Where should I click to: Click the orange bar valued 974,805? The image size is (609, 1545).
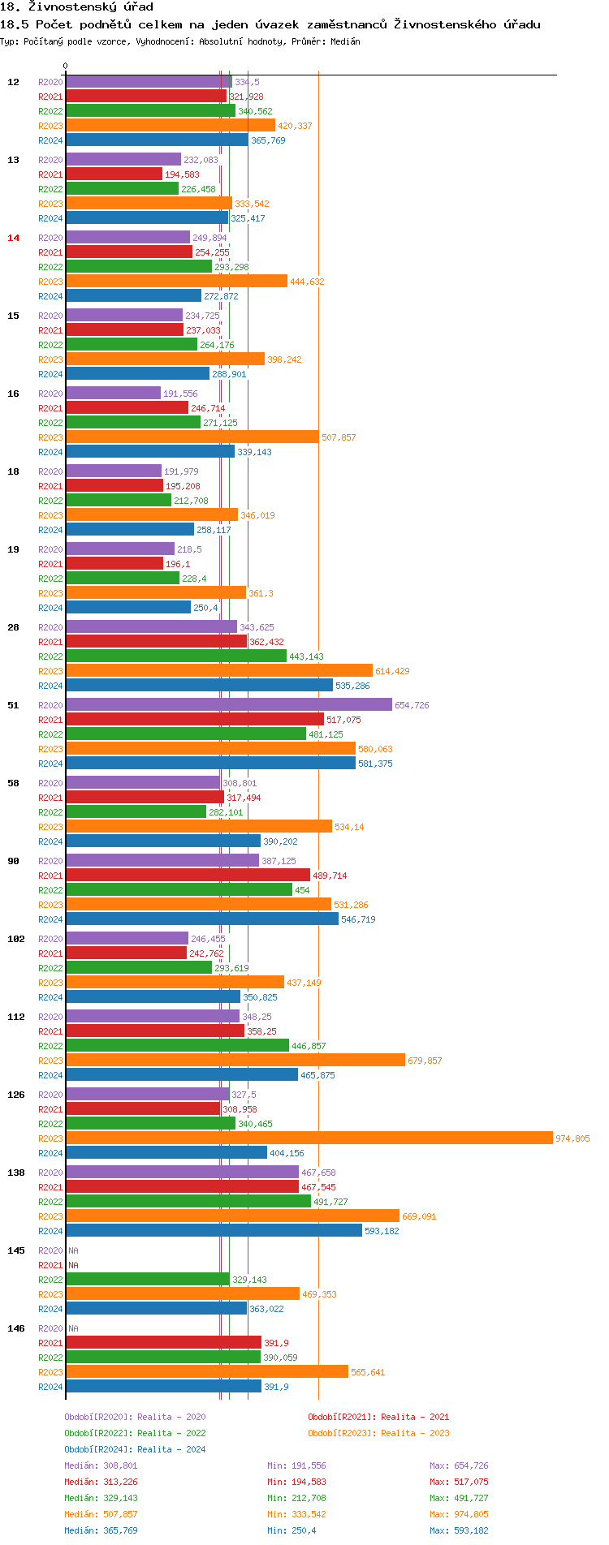pos(309,1138)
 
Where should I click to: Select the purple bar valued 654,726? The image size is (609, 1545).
pos(228,704)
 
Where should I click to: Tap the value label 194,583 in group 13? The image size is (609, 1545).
pos(182,174)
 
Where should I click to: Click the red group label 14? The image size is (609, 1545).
pos(13,238)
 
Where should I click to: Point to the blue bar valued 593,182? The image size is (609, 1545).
pos(214,1230)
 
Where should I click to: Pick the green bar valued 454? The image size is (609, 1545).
pos(179,889)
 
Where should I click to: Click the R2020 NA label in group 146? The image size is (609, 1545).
pos(73,1328)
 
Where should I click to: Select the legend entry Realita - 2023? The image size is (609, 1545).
pos(378,1433)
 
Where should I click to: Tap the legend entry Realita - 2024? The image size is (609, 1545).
pos(135,1449)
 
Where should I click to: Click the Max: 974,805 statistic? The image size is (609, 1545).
pos(459,1514)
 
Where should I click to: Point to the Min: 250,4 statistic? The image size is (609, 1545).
pos(292,1530)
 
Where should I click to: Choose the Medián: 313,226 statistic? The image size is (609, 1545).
pos(101,1482)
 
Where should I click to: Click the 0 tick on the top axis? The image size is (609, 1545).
pos(66,67)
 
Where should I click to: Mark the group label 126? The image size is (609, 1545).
pos(16,1095)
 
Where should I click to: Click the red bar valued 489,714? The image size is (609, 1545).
pos(188,875)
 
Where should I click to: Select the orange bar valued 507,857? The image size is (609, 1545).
pos(192,437)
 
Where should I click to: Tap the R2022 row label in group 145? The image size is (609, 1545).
pos(50,1280)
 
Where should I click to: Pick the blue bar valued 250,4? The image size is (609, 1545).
pos(128,607)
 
